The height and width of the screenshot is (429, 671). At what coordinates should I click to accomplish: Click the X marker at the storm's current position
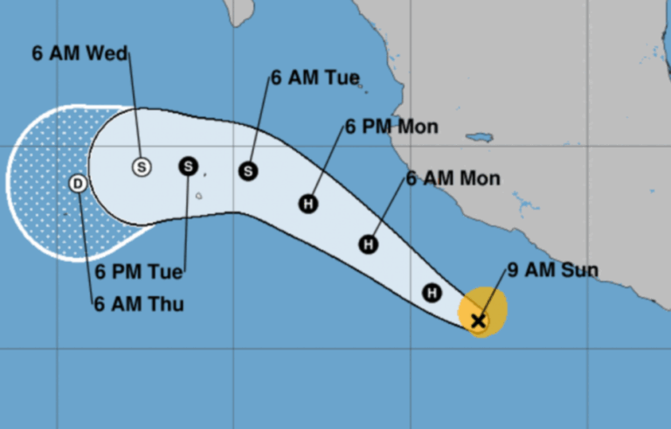tap(478, 321)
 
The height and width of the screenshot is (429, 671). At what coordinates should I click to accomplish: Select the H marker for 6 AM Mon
tap(369, 244)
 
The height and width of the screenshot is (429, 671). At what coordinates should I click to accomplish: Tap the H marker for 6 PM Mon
tap(308, 204)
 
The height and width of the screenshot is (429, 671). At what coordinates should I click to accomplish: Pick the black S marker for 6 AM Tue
tap(248, 171)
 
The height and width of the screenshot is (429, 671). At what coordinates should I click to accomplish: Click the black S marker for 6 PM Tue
tap(189, 166)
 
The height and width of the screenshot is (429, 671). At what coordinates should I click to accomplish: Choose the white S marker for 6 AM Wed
tap(142, 166)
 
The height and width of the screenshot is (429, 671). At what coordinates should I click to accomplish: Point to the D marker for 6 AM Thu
tap(78, 183)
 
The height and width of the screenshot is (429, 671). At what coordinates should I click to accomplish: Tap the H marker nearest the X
tap(432, 293)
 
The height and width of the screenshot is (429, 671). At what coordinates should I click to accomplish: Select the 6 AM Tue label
tap(315, 78)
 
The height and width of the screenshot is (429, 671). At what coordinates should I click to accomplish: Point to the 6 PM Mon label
tap(391, 127)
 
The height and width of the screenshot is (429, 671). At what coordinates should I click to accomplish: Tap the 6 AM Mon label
tap(453, 179)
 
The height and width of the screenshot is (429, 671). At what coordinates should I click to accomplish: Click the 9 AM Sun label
tap(553, 269)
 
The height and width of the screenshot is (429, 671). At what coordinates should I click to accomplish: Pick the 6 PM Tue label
tap(139, 272)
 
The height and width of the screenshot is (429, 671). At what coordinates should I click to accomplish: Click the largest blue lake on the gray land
tap(480, 138)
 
